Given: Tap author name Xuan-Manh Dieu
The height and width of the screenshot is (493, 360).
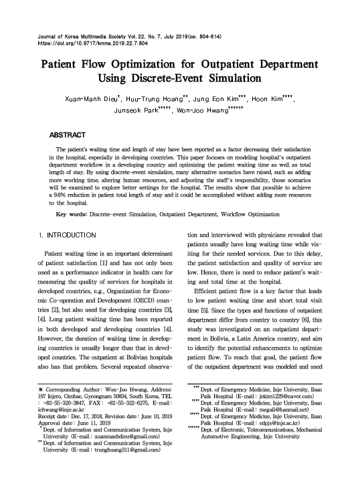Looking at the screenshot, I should [x=88, y=99].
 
